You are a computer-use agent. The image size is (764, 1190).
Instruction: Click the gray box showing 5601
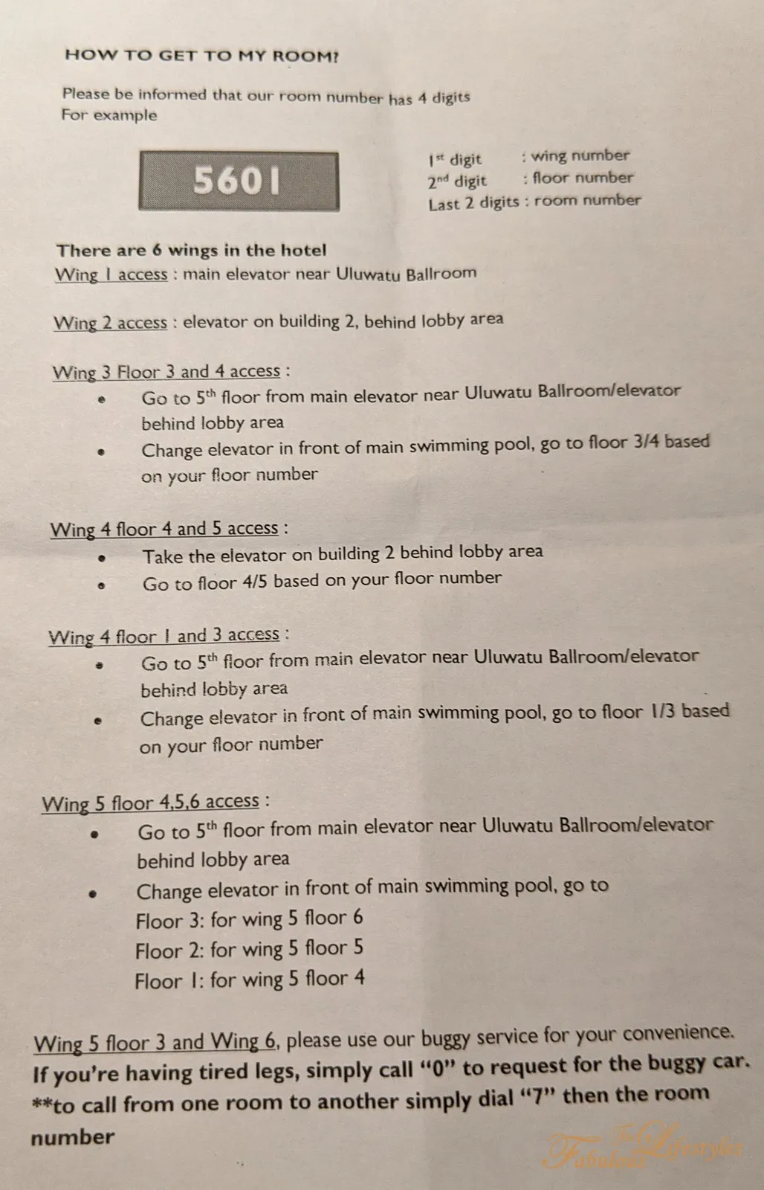(239, 181)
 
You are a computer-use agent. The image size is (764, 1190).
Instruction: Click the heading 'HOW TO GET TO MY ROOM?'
(201, 55)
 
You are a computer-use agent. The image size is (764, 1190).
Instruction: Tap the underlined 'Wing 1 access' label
(111, 274)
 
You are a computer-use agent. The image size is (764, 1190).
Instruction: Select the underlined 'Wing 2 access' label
(111, 323)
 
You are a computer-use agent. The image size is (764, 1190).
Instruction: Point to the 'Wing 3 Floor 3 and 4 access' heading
(166, 372)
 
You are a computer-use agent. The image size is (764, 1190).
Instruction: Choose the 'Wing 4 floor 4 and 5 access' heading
(164, 529)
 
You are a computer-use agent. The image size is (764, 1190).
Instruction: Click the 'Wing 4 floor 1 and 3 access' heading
(164, 636)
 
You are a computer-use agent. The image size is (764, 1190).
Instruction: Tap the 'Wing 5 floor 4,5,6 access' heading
(151, 803)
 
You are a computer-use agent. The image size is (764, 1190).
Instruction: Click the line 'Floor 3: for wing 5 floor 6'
(249, 919)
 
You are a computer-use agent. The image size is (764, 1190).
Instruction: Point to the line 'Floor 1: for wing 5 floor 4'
(249, 980)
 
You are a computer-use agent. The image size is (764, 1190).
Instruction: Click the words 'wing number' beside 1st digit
(580, 155)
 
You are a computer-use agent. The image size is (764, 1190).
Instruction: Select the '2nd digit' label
(456, 181)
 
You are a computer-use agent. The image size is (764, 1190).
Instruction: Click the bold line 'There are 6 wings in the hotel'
(192, 250)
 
